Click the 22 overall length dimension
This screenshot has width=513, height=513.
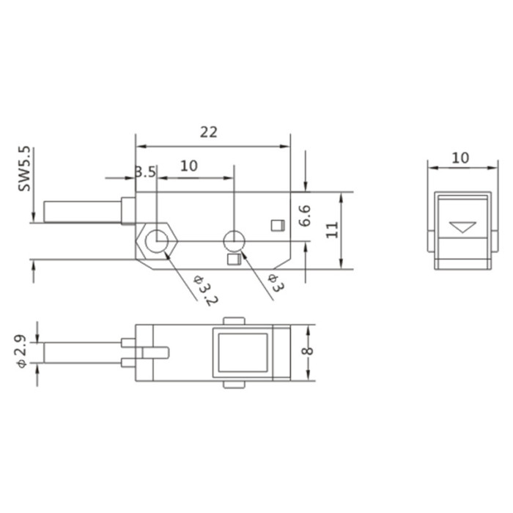click(209, 132)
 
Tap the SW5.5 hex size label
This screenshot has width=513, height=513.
click(24, 169)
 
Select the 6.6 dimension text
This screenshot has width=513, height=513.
click(305, 216)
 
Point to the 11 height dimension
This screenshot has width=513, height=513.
click(332, 229)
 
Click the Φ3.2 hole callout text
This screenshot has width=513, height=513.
click(205, 290)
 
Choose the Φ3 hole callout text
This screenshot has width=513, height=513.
click(276, 283)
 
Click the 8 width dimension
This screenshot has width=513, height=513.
click(307, 351)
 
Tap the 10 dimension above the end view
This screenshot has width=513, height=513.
click(460, 158)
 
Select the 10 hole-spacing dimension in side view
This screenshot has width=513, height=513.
click(189, 166)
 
